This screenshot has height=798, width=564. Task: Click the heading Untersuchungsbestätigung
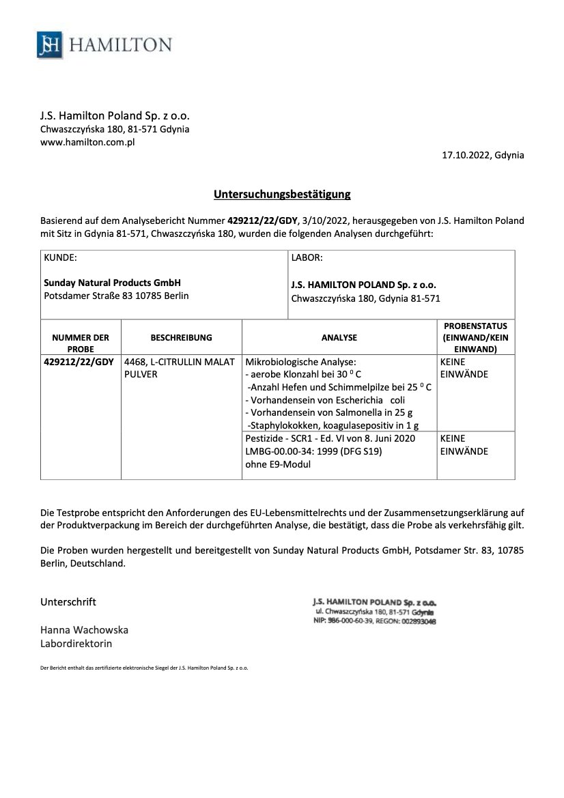tap(282, 195)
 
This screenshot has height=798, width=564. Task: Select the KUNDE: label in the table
tap(60, 258)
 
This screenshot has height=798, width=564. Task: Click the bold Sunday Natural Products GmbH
tap(113, 283)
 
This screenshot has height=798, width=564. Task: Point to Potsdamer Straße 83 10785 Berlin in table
tap(116, 296)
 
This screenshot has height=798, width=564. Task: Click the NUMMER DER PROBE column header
tap(81, 343)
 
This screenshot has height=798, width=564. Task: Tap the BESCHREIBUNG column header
tap(181, 337)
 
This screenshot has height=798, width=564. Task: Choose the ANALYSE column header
tap(339, 337)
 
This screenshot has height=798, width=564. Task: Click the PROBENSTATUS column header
tap(475, 337)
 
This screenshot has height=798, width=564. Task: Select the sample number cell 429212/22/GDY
tap(79, 361)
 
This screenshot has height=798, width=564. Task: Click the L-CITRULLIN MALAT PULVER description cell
tap(179, 367)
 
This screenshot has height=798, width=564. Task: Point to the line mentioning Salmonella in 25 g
tap(328, 412)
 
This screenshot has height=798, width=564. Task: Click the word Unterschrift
tap(68, 601)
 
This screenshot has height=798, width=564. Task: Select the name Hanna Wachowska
tap(84, 629)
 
